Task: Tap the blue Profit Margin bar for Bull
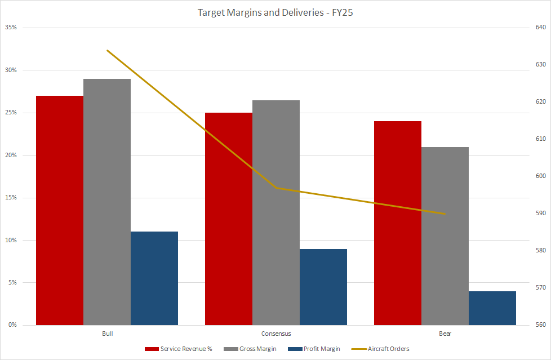tap(154, 278)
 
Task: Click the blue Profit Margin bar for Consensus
tap(323, 287)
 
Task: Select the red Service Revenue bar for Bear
tap(398, 223)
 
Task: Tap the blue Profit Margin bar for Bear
tap(492, 308)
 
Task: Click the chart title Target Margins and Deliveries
tap(275, 12)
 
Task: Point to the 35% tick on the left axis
tap(11, 28)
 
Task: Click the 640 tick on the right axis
tap(540, 28)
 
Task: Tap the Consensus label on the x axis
tap(276, 334)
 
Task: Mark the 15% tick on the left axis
tap(11, 198)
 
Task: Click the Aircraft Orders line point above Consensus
tap(276, 188)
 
